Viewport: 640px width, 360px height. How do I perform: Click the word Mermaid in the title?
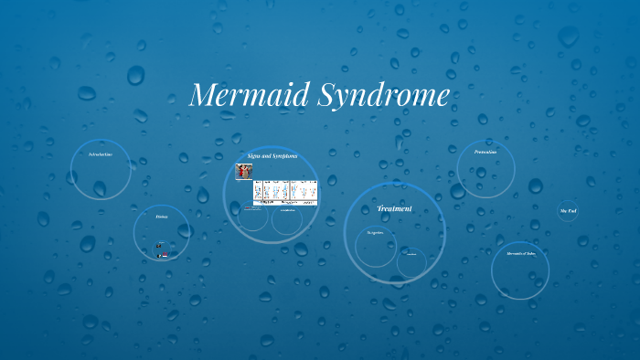click(x=245, y=96)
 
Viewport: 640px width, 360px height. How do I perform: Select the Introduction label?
click(x=101, y=154)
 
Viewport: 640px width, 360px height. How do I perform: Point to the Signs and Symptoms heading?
click(x=272, y=156)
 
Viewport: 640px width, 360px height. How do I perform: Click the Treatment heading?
click(x=394, y=208)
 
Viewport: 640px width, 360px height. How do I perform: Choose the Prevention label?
click(x=485, y=152)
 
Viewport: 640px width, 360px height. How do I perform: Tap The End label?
click(x=568, y=211)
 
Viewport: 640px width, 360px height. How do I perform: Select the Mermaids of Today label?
click(x=520, y=253)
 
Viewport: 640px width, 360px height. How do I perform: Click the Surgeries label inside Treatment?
click(x=375, y=233)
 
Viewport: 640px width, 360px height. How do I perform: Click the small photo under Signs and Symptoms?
click(x=243, y=171)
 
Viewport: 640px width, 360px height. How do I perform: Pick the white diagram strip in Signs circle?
click(x=284, y=192)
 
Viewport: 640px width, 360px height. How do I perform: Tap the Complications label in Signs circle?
click(x=287, y=212)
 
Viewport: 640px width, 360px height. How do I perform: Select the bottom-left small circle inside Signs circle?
click(x=253, y=217)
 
